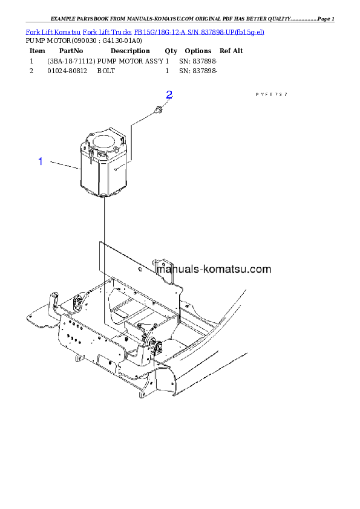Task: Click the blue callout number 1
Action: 41,161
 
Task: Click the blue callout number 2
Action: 169,95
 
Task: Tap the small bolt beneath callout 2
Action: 159,111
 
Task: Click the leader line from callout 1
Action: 64,165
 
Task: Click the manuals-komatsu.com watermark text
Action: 214,270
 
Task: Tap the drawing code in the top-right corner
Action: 271,95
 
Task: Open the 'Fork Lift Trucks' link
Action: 106,31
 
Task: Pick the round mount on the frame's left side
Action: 77,302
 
